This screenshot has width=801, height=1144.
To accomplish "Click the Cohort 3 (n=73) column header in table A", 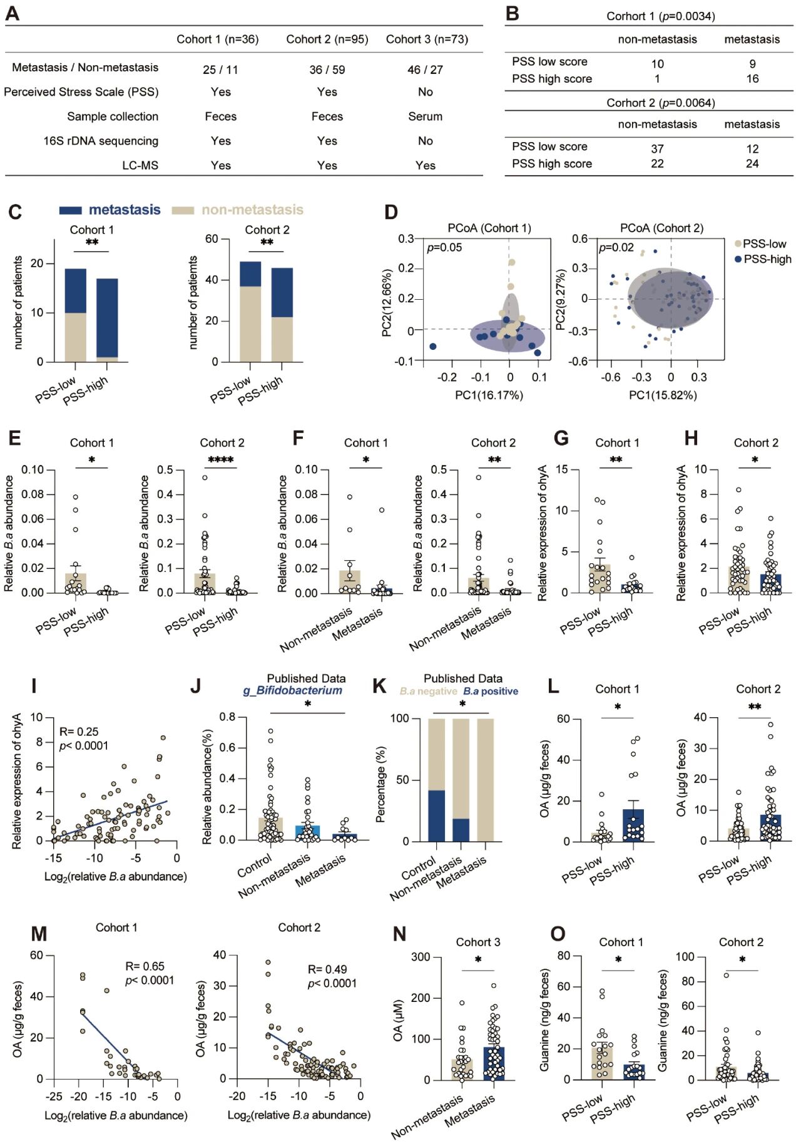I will click(x=427, y=39).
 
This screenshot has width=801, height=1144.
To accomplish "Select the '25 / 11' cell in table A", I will click(x=220, y=69).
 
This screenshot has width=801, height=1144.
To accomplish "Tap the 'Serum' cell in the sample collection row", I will click(x=425, y=116).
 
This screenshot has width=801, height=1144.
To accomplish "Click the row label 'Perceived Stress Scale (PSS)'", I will click(x=81, y=92).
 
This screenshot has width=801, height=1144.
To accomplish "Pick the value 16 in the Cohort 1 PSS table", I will click(x=752, y=79).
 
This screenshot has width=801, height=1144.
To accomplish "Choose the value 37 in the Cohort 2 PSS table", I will click(x=657, y=149).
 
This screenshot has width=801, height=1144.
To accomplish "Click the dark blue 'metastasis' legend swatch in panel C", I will click(x=71, y=210).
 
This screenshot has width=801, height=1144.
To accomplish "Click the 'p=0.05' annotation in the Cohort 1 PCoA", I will click(x=444, y=247).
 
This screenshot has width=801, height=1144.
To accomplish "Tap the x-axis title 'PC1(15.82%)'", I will click(x=663, y=395).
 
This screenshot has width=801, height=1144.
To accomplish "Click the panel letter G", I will click(x=561, y=438).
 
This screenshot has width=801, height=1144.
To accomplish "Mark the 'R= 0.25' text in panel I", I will click(x=79, y=732).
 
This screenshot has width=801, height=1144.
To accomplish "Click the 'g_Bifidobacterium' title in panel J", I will click(x=293, y=691).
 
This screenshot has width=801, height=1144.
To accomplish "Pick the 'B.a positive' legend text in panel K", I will click(x=491, y=692).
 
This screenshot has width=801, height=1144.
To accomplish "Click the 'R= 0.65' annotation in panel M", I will click(x=145, y=966).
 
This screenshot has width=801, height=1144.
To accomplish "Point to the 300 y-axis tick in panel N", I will click(x=421, y=957).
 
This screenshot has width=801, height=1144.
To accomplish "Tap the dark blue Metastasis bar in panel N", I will click(x=494, y=1064).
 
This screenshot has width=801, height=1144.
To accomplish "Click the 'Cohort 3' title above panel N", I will click(x=477, y=942).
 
